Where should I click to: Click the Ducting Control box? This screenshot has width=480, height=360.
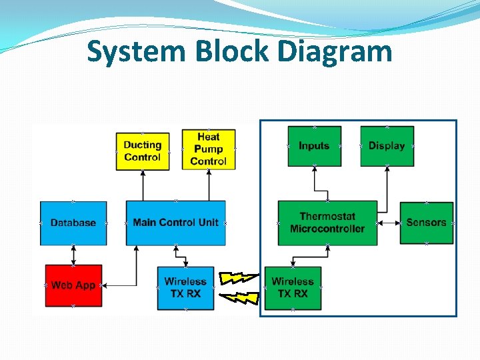point(142,151)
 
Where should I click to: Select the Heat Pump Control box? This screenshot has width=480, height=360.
point(208,149)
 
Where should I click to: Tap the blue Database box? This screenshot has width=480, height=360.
point(73,223)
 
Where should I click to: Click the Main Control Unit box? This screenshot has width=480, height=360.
point(175,223)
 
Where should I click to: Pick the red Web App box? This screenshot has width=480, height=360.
point(73,285)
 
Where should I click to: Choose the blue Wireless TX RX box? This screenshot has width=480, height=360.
point(185,287)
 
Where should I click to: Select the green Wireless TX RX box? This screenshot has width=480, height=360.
point(293,287)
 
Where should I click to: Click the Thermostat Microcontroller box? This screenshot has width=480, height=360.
point(327,223)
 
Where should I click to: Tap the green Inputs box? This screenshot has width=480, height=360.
point(314,146)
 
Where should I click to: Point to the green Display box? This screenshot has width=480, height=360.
point(387,146)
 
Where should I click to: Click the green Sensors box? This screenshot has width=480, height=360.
point(426,223)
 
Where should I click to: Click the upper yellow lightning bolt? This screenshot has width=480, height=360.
point(239,277)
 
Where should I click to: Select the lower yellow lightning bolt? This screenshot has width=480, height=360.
point(239,297)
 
